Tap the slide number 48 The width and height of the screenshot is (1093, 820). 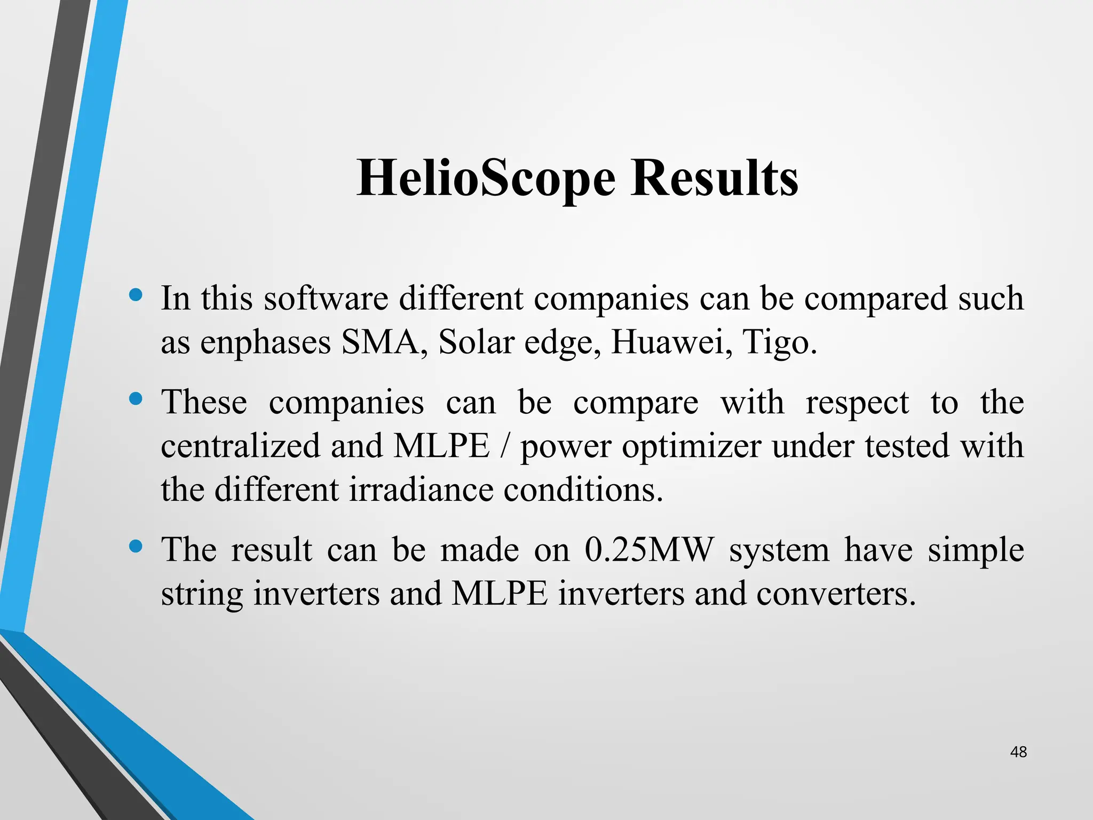point(1018,752)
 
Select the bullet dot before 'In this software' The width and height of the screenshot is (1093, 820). point(136,295)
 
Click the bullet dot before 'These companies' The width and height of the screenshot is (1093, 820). point(136,399)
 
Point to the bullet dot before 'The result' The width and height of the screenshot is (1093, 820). point(136,546)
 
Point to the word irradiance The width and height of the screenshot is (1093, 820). point(421,490)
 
